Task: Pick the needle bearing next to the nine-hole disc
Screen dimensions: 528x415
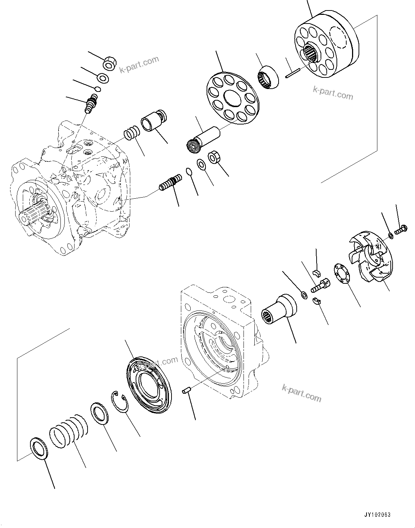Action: pyautogui.click(x=270, y=76)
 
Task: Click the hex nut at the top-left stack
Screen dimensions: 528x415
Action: pyautogui.click(x=110, y=64)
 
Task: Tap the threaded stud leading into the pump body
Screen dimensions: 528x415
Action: pyautogui.click(x=170, y=183)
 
